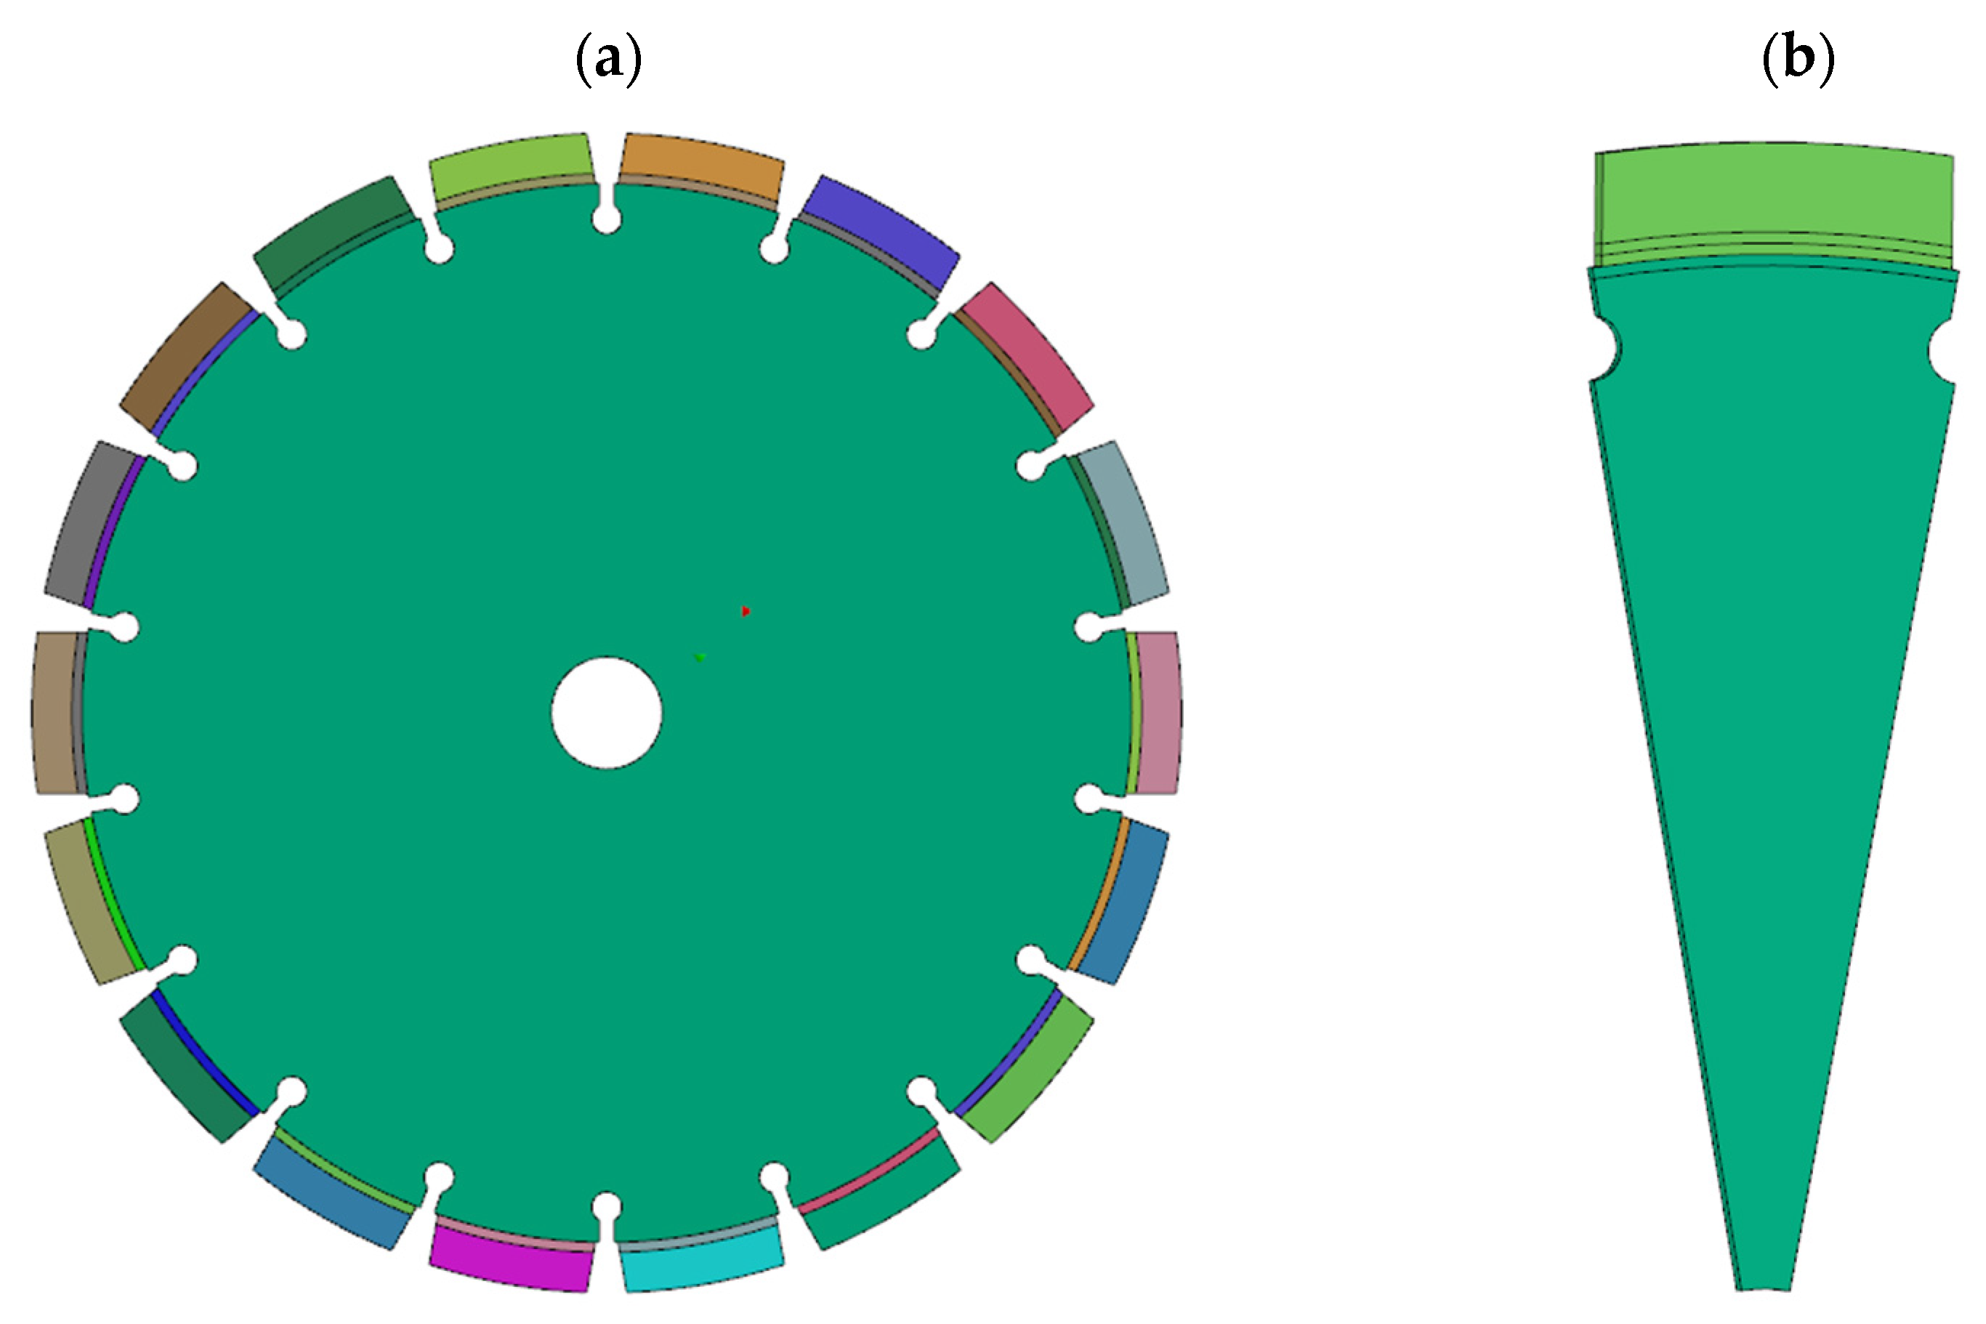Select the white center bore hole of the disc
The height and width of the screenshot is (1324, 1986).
[606, 713]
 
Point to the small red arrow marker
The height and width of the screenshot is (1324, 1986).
[746, 610]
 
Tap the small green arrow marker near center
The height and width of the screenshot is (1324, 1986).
[699, 657]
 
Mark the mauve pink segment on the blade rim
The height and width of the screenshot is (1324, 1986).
[1157, 713]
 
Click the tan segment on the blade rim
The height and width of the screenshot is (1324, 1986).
[56, 713]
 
